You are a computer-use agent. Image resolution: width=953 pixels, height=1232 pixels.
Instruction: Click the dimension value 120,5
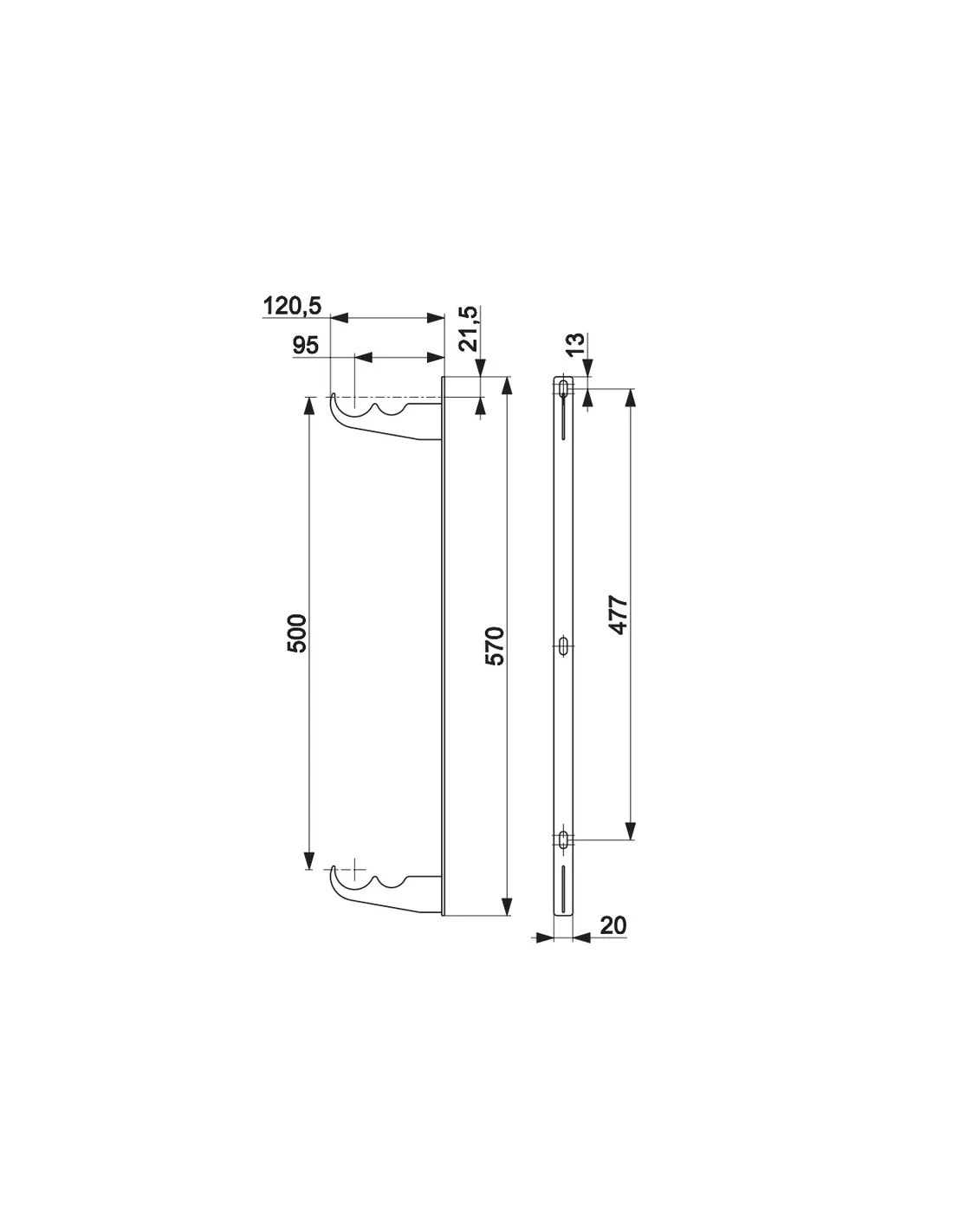click(x=292, y=306)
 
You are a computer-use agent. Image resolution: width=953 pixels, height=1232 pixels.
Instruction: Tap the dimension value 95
click(x=306, y=346)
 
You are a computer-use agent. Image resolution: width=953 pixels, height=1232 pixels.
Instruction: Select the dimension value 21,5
click(x=470, y=328)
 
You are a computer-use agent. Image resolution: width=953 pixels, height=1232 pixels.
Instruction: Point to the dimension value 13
click(x=575, y=344)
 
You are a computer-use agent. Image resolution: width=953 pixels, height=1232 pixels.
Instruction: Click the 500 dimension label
click(x=296, y=632)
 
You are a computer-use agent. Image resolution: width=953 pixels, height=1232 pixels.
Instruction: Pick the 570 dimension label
click(x=495, y=645)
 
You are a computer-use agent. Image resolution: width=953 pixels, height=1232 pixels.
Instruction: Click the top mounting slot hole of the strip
click(x=563, y=388)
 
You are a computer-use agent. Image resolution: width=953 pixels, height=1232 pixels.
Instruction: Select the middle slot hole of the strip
click(x=563, y=645)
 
